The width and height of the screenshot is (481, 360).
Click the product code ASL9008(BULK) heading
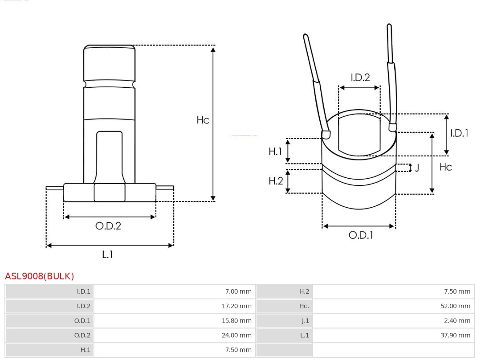[39, 276]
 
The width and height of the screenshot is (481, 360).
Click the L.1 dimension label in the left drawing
[108, 254]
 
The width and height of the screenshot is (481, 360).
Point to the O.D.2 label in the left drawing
[108, 226]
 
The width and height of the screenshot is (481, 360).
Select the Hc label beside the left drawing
[203, 120]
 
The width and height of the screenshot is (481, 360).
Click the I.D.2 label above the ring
[360, 78]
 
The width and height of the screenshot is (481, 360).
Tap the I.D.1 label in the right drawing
[459, 133]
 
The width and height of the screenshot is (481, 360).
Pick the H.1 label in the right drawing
[275, 151]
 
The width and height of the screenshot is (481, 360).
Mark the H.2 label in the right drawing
[276, 181]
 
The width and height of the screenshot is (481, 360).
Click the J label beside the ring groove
[417, 168]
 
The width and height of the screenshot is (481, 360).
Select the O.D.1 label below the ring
[360, 235]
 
